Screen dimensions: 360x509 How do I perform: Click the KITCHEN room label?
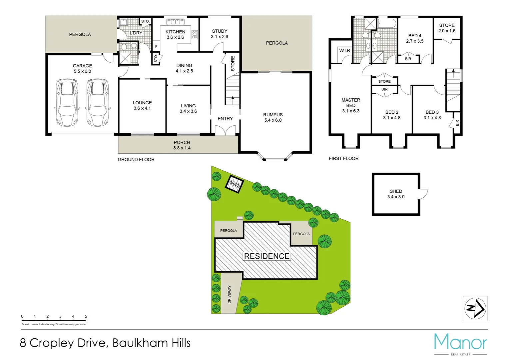click(x=175, y=32)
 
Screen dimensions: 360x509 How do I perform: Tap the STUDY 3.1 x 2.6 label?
click(x=220, y=34)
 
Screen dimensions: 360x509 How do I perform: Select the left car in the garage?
click(x=68, y=102)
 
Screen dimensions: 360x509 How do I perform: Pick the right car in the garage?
click(x=98, y=102)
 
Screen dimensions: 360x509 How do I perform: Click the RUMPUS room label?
click(x=273, y=115)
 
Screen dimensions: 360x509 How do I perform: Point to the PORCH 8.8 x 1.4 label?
click(x=182, y=145)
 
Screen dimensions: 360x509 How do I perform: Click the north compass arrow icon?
click(x=475, y=308)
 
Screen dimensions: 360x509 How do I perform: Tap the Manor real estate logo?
click(x=460, y=344)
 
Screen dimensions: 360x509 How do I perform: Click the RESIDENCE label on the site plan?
click(x=266, y=256)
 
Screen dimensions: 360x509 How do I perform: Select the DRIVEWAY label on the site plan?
click(x=229, y=294)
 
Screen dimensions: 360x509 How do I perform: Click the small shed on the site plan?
click(x=235, y=184)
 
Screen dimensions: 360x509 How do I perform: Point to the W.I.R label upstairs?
click(x=344, y=51)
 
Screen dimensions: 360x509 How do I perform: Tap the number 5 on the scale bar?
click(x=86, y=316)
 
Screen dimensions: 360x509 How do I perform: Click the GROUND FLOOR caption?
click(x=136, y=160)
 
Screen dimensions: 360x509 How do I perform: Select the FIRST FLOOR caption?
click(x=343, y=159)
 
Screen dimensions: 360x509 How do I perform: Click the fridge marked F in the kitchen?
click(x=156, y=46)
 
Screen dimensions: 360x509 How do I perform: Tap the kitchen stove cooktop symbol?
click(x=195, y=35)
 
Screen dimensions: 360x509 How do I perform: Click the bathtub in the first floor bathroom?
click(x=387, y=24)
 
